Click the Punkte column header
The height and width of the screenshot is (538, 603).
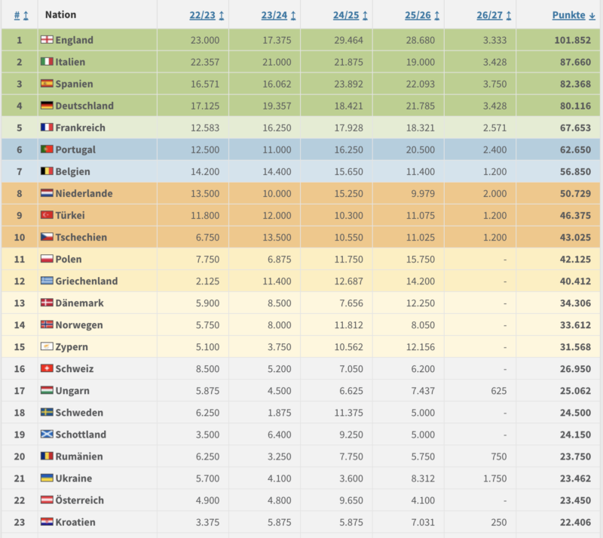pyautogui.click(x=574, y=15)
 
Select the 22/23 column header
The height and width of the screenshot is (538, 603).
pyautogui.click(x=207, y=15)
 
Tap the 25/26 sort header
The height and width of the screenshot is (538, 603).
pyautogui.click(x=422, y=15)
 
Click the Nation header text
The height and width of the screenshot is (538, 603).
pyautogui.click(x=61, y=14)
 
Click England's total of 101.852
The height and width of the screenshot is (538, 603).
pyautogui.click(x=572, y=40)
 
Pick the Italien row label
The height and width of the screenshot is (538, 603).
pyautogui.click(x=70, y=62)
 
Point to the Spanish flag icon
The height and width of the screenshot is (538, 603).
pyautogui.click(x=47, y=83)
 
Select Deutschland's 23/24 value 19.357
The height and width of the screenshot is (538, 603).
pyautogui.click(x=277, y=106)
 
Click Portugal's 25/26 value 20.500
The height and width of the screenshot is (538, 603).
pyautogui.click(x=421, y=150)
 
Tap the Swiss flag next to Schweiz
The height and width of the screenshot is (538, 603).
pyautogui.click(x=47, y=368)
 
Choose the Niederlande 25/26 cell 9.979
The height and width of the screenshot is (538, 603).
pyautogui.click(x=423, y=194)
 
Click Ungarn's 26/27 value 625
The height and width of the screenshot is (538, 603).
pyautogui.click(x=498, y=391)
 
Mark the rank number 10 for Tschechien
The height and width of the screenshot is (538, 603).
pyautogui.click(x=20, y=237)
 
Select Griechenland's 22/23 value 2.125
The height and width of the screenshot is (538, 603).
pyautogui.click(x=207, y=281)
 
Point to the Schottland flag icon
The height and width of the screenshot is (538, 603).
pyautogui.click(x=47, y=434)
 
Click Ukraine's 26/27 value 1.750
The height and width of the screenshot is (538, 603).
pyautogui.click(x=494, y=478)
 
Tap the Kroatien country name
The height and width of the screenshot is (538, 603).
pyautogui.click(x=75, y=522)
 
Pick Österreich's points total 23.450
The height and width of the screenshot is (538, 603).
pyautogui.click(x=575, y=500)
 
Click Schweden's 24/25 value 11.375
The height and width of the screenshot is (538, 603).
pyautogui.click(x=348, y=413)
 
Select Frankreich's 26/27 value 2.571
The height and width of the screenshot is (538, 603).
pyautogui.click(x=494, y=128)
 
